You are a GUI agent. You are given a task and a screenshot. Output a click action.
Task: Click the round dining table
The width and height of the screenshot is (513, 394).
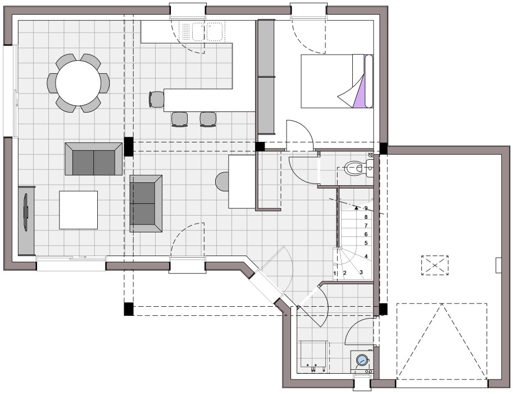point(78,83)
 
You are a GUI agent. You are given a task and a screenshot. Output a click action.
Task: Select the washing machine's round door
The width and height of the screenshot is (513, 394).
point(361,360)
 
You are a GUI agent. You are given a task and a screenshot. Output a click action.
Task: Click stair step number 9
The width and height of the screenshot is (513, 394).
point(366,208)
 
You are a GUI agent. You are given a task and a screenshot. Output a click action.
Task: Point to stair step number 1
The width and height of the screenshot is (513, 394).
point(335,273)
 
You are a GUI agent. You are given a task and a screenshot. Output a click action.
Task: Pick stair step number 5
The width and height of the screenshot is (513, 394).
point(366,243)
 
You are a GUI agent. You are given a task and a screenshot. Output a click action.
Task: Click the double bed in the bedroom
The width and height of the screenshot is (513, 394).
point(337,81)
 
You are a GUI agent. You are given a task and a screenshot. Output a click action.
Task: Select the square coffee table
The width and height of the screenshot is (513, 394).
point(79,210)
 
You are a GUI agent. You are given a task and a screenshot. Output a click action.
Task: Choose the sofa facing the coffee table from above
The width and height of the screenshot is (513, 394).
point(94,159)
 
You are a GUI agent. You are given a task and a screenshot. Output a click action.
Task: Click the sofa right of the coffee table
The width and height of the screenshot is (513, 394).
point(146,204)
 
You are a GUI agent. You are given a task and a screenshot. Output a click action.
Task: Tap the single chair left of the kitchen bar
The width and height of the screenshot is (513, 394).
point(156,99)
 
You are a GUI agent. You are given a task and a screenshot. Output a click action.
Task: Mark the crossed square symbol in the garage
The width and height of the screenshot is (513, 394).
point(435,265)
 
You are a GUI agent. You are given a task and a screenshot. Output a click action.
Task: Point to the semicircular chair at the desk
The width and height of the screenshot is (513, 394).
point(222,181)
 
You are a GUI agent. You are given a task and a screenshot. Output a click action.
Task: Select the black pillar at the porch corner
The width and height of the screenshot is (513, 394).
point(129,309)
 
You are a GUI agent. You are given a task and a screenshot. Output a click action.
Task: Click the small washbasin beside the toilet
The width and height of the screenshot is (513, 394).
point(370,168)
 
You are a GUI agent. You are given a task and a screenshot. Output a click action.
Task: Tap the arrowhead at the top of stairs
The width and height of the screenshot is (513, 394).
point(356,208)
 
